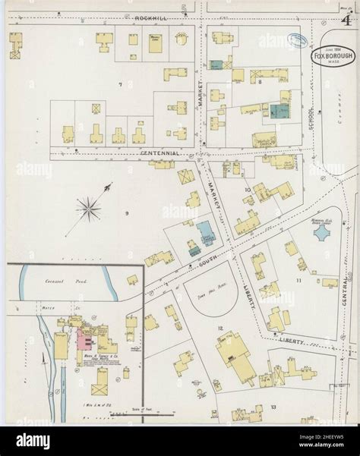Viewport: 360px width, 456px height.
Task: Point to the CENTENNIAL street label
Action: click(160, 153)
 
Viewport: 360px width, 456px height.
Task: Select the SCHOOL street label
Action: click(311, 118)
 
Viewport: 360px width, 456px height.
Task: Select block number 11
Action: click(298, 280)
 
